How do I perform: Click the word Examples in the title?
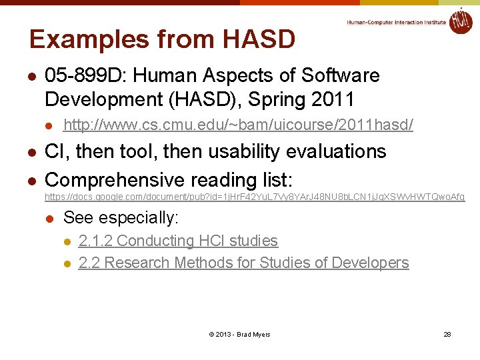[x=87, y=39]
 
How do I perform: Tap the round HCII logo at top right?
[x=460, y=21]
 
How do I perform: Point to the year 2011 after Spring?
[x=331, y=99]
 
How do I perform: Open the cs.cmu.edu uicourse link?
[x=238, y=125]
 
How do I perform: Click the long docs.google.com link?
[x=255, y=197]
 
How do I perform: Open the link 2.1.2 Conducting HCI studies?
[x=178, y=241]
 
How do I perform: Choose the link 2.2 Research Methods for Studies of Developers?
[x=243, y=263]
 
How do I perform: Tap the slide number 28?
[x=447, y=334]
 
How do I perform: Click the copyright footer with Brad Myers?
[x=239, y=334]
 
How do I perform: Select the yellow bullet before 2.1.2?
[x=66, y=241]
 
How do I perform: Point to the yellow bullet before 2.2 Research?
[x=66, y=263]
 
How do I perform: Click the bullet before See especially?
[x=49, y=219]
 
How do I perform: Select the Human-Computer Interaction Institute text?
[x=396, y=22]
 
